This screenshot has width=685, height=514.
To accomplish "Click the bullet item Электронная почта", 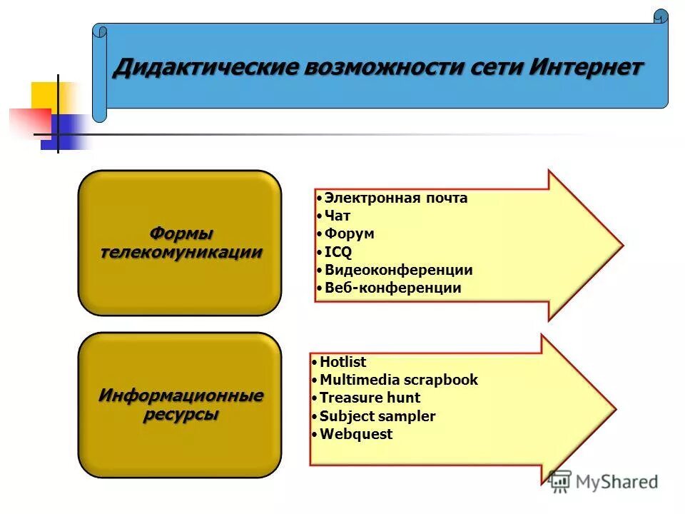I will [x=395, y=198].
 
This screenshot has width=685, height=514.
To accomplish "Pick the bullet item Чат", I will [x=337, y=216].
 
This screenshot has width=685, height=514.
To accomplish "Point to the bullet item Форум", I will [x=349, y=233].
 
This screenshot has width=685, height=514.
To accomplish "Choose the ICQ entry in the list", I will [x=338, y=251].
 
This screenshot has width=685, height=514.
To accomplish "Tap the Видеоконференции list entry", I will [x=398, y=270].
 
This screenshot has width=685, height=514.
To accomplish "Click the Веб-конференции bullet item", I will [x=392, y=288].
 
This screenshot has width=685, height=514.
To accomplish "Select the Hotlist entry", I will [x=342, y=362].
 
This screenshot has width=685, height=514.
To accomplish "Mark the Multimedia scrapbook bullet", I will [x=398, y=380].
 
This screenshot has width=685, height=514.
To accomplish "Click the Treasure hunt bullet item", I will [x=370, y=398].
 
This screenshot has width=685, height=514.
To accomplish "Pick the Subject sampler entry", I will [x=377, y=416].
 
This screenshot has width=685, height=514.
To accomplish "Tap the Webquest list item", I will [x=355, y=434].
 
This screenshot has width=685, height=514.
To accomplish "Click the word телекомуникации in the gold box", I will [x=181, y=252].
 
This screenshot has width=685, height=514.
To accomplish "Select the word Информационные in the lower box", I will [x=181, y=395].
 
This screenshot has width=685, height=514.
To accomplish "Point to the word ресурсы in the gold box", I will [x=181, y=414].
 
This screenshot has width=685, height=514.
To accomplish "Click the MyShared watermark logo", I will [x=604, y=481].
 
